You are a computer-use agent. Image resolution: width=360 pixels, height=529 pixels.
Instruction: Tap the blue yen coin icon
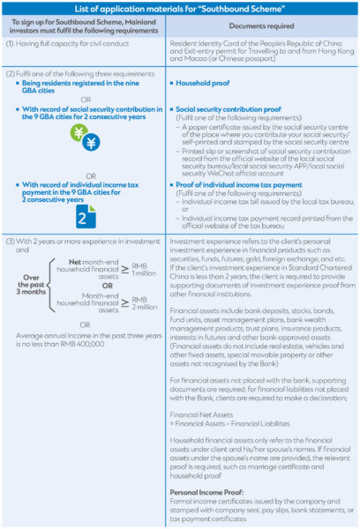[91, 142]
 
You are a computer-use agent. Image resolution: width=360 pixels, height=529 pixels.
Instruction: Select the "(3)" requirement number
[11, 242]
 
